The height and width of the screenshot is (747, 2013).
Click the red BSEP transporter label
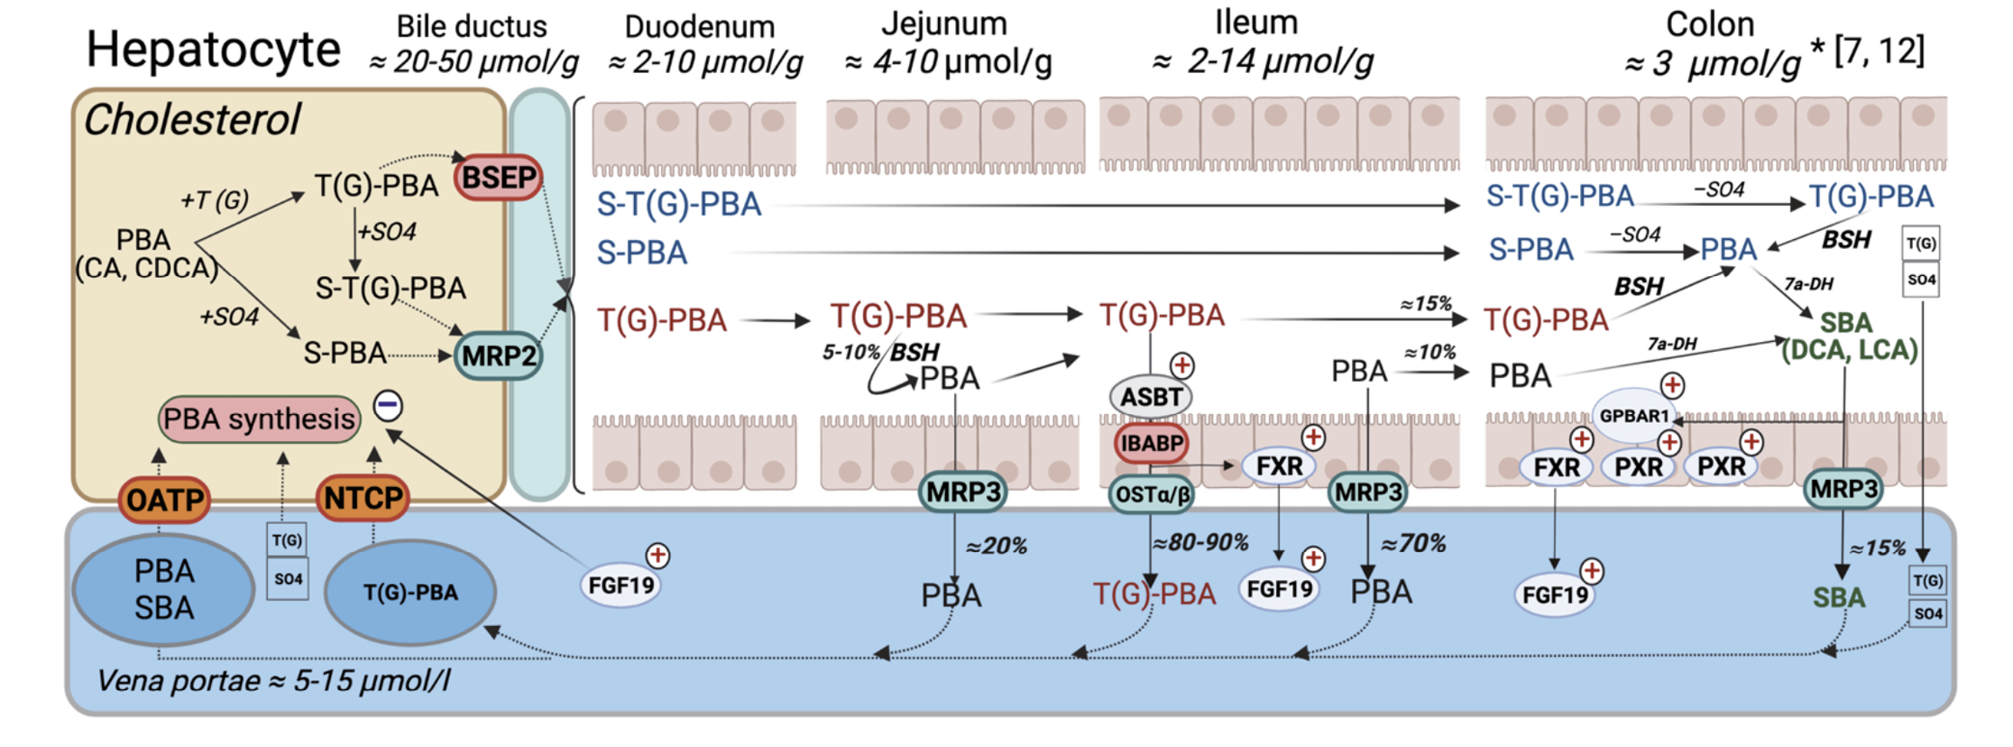[x=499, y=178]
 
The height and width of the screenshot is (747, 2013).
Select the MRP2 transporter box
[x=499, y=355]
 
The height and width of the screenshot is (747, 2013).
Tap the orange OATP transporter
[x=164, y=499]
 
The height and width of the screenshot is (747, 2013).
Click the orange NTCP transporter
[x=363, y=497]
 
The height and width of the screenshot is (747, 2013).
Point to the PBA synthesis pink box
[x=259, y=420]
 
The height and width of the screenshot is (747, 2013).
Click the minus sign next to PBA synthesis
[x=389, y=405]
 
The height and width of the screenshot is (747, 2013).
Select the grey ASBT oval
[x=1151, y=397]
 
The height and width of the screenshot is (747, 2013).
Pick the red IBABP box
[x=1152, y=443]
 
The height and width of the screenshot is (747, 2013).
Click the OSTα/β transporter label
[x=1152, y=494]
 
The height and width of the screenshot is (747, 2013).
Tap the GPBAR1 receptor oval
[x=1633, y=416]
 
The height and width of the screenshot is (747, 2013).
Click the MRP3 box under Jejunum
[x=963, y=493]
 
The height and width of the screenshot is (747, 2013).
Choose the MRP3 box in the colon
[x=1843, y=489]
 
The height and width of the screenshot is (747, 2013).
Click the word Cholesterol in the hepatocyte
[x=192, y=120]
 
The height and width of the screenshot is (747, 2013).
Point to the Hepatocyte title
[x=214, y=49]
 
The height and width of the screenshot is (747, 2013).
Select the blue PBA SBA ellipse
[x=163, y=590]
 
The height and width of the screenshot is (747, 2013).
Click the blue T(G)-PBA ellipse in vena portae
[x=410, y=593]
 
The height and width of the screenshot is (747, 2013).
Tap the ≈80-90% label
[x=1200, y=542]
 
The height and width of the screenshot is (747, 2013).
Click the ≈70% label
[x=1413, y=543]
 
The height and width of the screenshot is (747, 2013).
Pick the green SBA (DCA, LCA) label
[x=1848, y=337]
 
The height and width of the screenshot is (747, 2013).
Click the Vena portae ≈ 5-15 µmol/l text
[x=273, y=680]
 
